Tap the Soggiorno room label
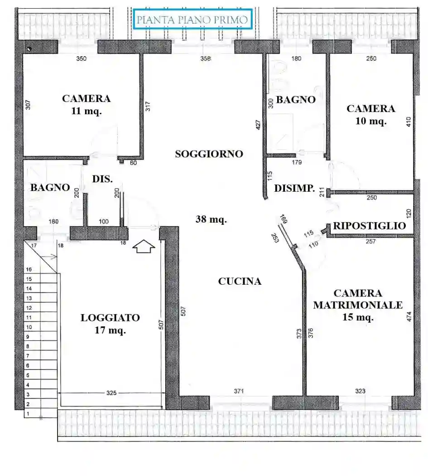(x=209, y=154)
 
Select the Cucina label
(x=240, y=282)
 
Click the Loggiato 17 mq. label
(x=110, y=324)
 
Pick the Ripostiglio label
(x=370, y=226)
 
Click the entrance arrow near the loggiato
(x=144, y=247)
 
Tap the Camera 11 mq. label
(x=86, y=105)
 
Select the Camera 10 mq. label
(x=370, y=115)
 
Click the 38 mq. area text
(x=211, y=220)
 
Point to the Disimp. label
(x=295, y=188)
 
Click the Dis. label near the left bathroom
(x=102, y=179)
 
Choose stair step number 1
(x=28, y=414)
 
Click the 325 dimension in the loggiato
(x=111, y=393)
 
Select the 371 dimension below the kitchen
(x=239, y=391)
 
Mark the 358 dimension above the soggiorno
(x=206, y=58)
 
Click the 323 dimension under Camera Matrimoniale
(x=360, y=391)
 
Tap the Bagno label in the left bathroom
(x=50, y=187)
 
